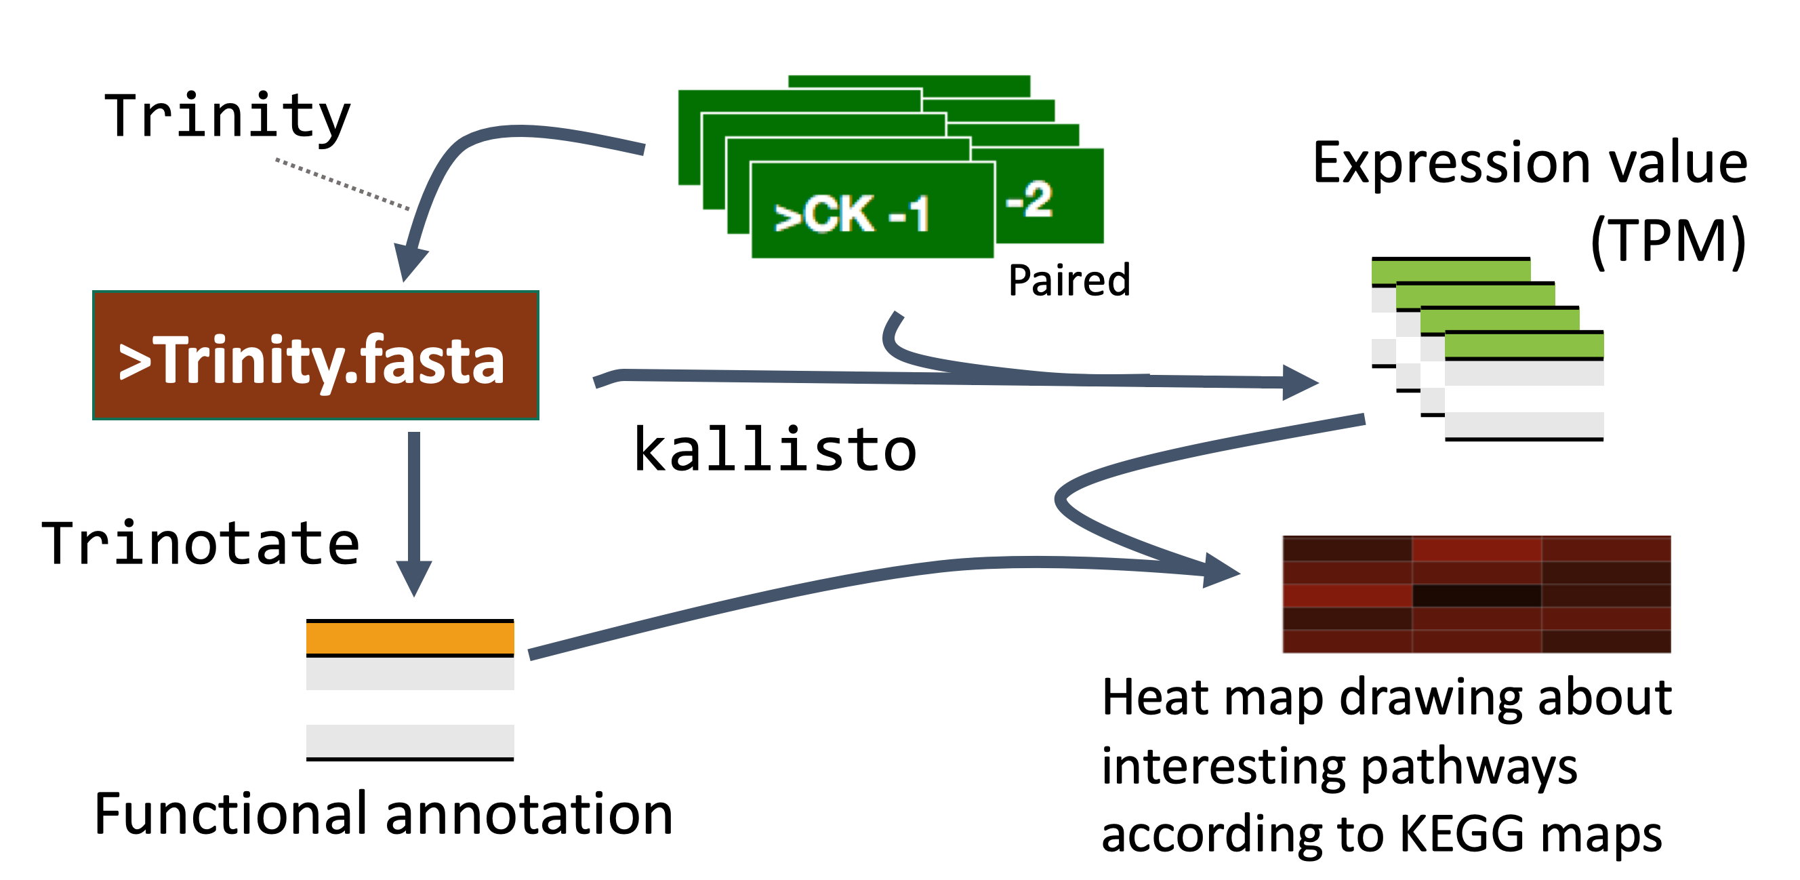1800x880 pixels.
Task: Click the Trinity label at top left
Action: (227, 117)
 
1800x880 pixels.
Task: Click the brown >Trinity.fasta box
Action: (316, 355)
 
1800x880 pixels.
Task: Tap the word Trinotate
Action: (201, 543)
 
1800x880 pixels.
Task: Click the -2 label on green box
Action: (1029, 199)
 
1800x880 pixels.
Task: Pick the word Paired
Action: (1069, 280)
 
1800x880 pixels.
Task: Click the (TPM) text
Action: (1668, 241)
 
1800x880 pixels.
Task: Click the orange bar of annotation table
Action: (410, 637)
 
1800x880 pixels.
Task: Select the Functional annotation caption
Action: (384, 814)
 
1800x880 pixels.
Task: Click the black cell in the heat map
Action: (1477, 595)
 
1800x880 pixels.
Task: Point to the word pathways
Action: (1469, 767)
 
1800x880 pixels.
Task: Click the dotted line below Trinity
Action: (342, 184)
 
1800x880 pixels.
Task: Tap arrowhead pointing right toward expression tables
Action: (1301, 382)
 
